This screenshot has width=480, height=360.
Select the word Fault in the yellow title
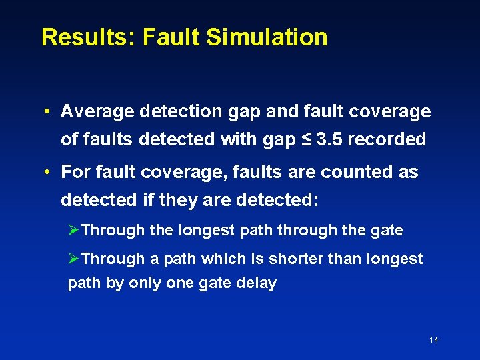(x=170, y=37)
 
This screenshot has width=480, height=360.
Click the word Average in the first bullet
(x=97, y=111)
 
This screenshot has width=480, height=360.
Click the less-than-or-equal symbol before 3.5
(x=307, y=139)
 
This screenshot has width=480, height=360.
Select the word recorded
(x=387, y=139)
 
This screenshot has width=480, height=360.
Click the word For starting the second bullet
(x=74, y=172)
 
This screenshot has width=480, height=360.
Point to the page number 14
(x=434, y=340)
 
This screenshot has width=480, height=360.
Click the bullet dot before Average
(x=49, y=111)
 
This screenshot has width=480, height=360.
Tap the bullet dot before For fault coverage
(x=49, y=172)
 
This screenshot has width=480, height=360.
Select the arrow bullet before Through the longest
(x=74, y=231)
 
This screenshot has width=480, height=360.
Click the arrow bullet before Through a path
(x=74, y=259)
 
